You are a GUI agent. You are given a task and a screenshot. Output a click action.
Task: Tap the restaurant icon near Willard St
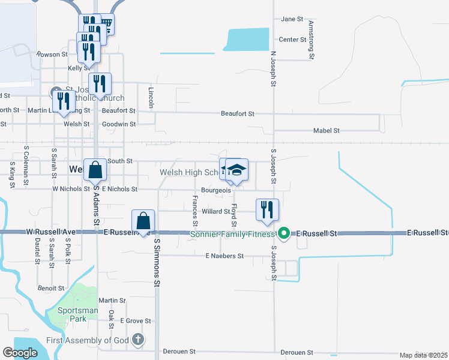[267, 209]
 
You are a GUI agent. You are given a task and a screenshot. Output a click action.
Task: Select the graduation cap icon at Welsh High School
[237, 170]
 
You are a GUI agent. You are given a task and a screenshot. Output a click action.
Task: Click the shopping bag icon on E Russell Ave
[143, 220]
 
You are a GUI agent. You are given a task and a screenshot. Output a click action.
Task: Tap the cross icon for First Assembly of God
[138, 340]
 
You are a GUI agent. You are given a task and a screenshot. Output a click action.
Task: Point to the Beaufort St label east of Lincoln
[238, 113]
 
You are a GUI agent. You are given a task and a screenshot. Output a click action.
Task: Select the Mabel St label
[327, 130]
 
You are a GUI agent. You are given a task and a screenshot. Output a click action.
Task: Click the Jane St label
[292, 19]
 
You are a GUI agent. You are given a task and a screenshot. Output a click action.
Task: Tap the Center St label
[293, 40]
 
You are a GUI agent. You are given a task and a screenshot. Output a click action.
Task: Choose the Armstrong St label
[312, 39]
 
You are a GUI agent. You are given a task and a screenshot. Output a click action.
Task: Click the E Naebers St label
[224, 256]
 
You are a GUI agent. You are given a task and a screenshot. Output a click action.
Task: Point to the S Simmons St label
[157, 262]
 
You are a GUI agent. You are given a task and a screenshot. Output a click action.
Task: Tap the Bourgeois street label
[216, 190]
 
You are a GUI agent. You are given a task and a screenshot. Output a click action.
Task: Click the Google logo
[20, 353]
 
